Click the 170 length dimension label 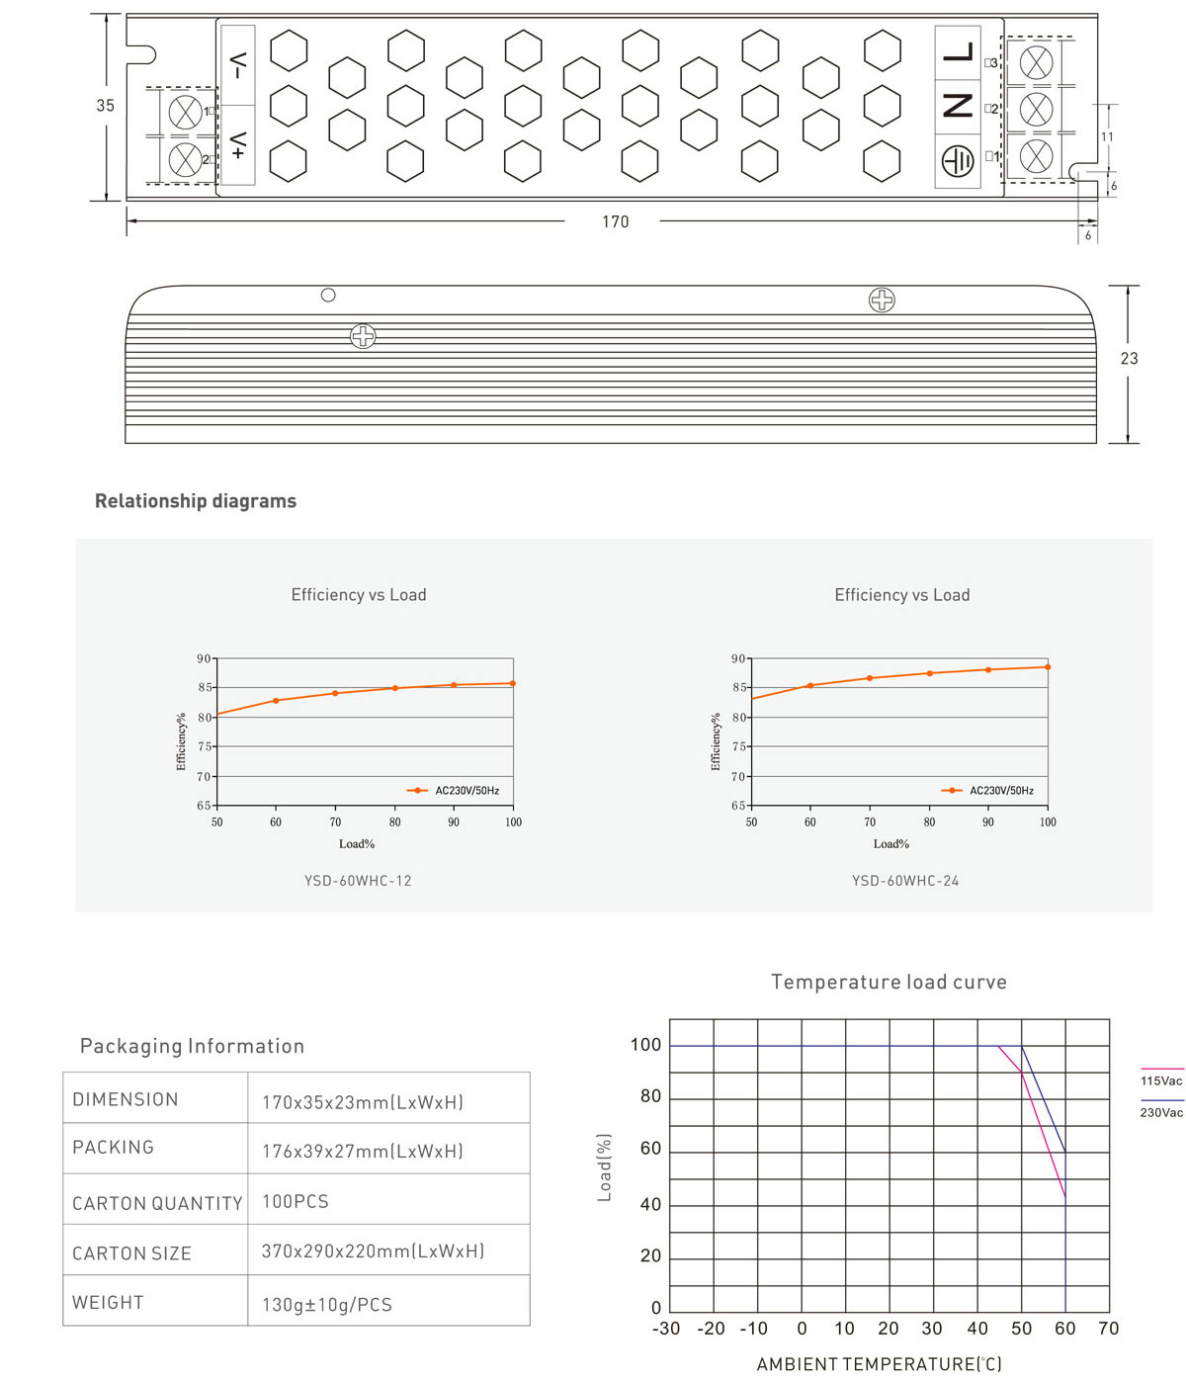click(x=615, y=221)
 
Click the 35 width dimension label click(x=105, y=106)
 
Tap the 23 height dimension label click(x=1129, y=359)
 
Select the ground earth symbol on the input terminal click(x=957, y=160)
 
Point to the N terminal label click(x=958, y=106)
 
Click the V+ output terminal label click(x=238, y=145)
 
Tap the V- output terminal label click(x=238, y=66)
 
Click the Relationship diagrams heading click(x=196, y=501)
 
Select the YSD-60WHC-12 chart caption click(x=358, y=881)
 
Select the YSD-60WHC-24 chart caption click(x=905, y=881)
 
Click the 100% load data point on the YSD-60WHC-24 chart click(x=1048, y=667)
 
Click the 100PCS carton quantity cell click(x=296, y=1202)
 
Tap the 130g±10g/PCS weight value click(x=327, y=1305)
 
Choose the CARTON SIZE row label click(x=131, y=1253)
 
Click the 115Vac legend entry click(x=1161, y=1080)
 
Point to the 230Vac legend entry click(x=1161, y=1112)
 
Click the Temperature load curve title click(x=889, y=982)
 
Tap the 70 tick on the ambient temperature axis click(x=1109, y=1329)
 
